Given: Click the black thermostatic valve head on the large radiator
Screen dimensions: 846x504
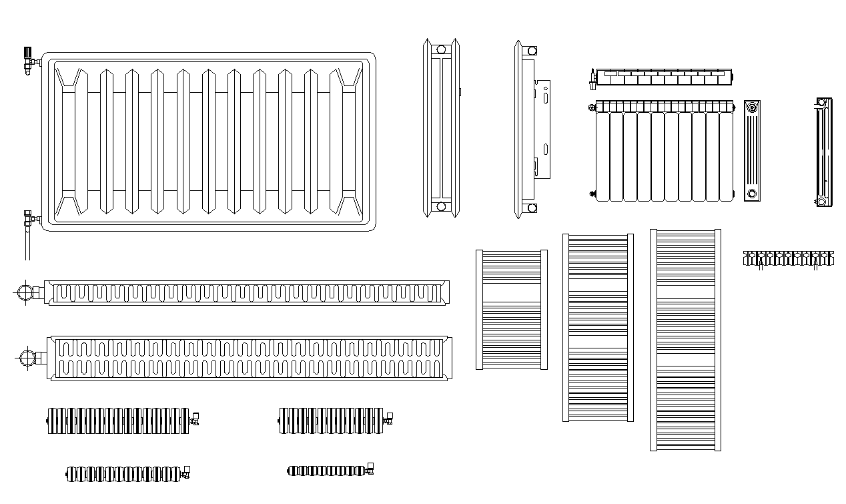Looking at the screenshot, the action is (27, 51).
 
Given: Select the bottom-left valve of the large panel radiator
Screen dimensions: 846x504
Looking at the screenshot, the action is (29, 218).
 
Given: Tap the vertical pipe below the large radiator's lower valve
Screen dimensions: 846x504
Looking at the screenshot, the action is (27, 244).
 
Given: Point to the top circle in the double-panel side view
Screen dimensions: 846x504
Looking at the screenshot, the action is (440, 49).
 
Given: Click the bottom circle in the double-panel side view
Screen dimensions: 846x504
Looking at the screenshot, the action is (440, 206).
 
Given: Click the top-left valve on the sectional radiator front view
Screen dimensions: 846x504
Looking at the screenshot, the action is (592, 106).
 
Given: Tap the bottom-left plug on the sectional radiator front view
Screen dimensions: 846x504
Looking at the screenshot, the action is (592, 194).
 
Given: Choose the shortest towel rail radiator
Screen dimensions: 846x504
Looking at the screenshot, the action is (511, 309).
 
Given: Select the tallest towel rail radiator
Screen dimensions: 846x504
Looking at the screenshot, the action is (685, 339).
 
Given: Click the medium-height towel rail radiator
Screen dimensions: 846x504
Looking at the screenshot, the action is (598, 327).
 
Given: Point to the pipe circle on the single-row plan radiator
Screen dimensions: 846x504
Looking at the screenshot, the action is (25, 292).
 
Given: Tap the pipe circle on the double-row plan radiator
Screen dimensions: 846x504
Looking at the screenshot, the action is (27, 357).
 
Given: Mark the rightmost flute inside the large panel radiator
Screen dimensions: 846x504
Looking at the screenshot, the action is (347, 140).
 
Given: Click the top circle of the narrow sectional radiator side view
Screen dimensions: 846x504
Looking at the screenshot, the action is (753, 107).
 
